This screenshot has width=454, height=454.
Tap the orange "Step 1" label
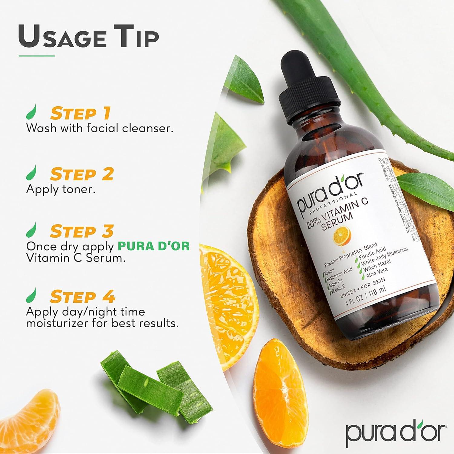coord(81,113)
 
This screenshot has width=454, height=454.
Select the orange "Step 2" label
coord(82,174)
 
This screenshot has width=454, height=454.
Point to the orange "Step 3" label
coord(82,232)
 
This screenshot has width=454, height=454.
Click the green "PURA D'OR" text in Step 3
coord(153,246)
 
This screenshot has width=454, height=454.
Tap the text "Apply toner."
coord(61,189)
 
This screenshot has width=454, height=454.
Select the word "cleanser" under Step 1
coord(147,128)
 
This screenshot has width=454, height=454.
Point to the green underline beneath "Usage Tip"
coord(36,56)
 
